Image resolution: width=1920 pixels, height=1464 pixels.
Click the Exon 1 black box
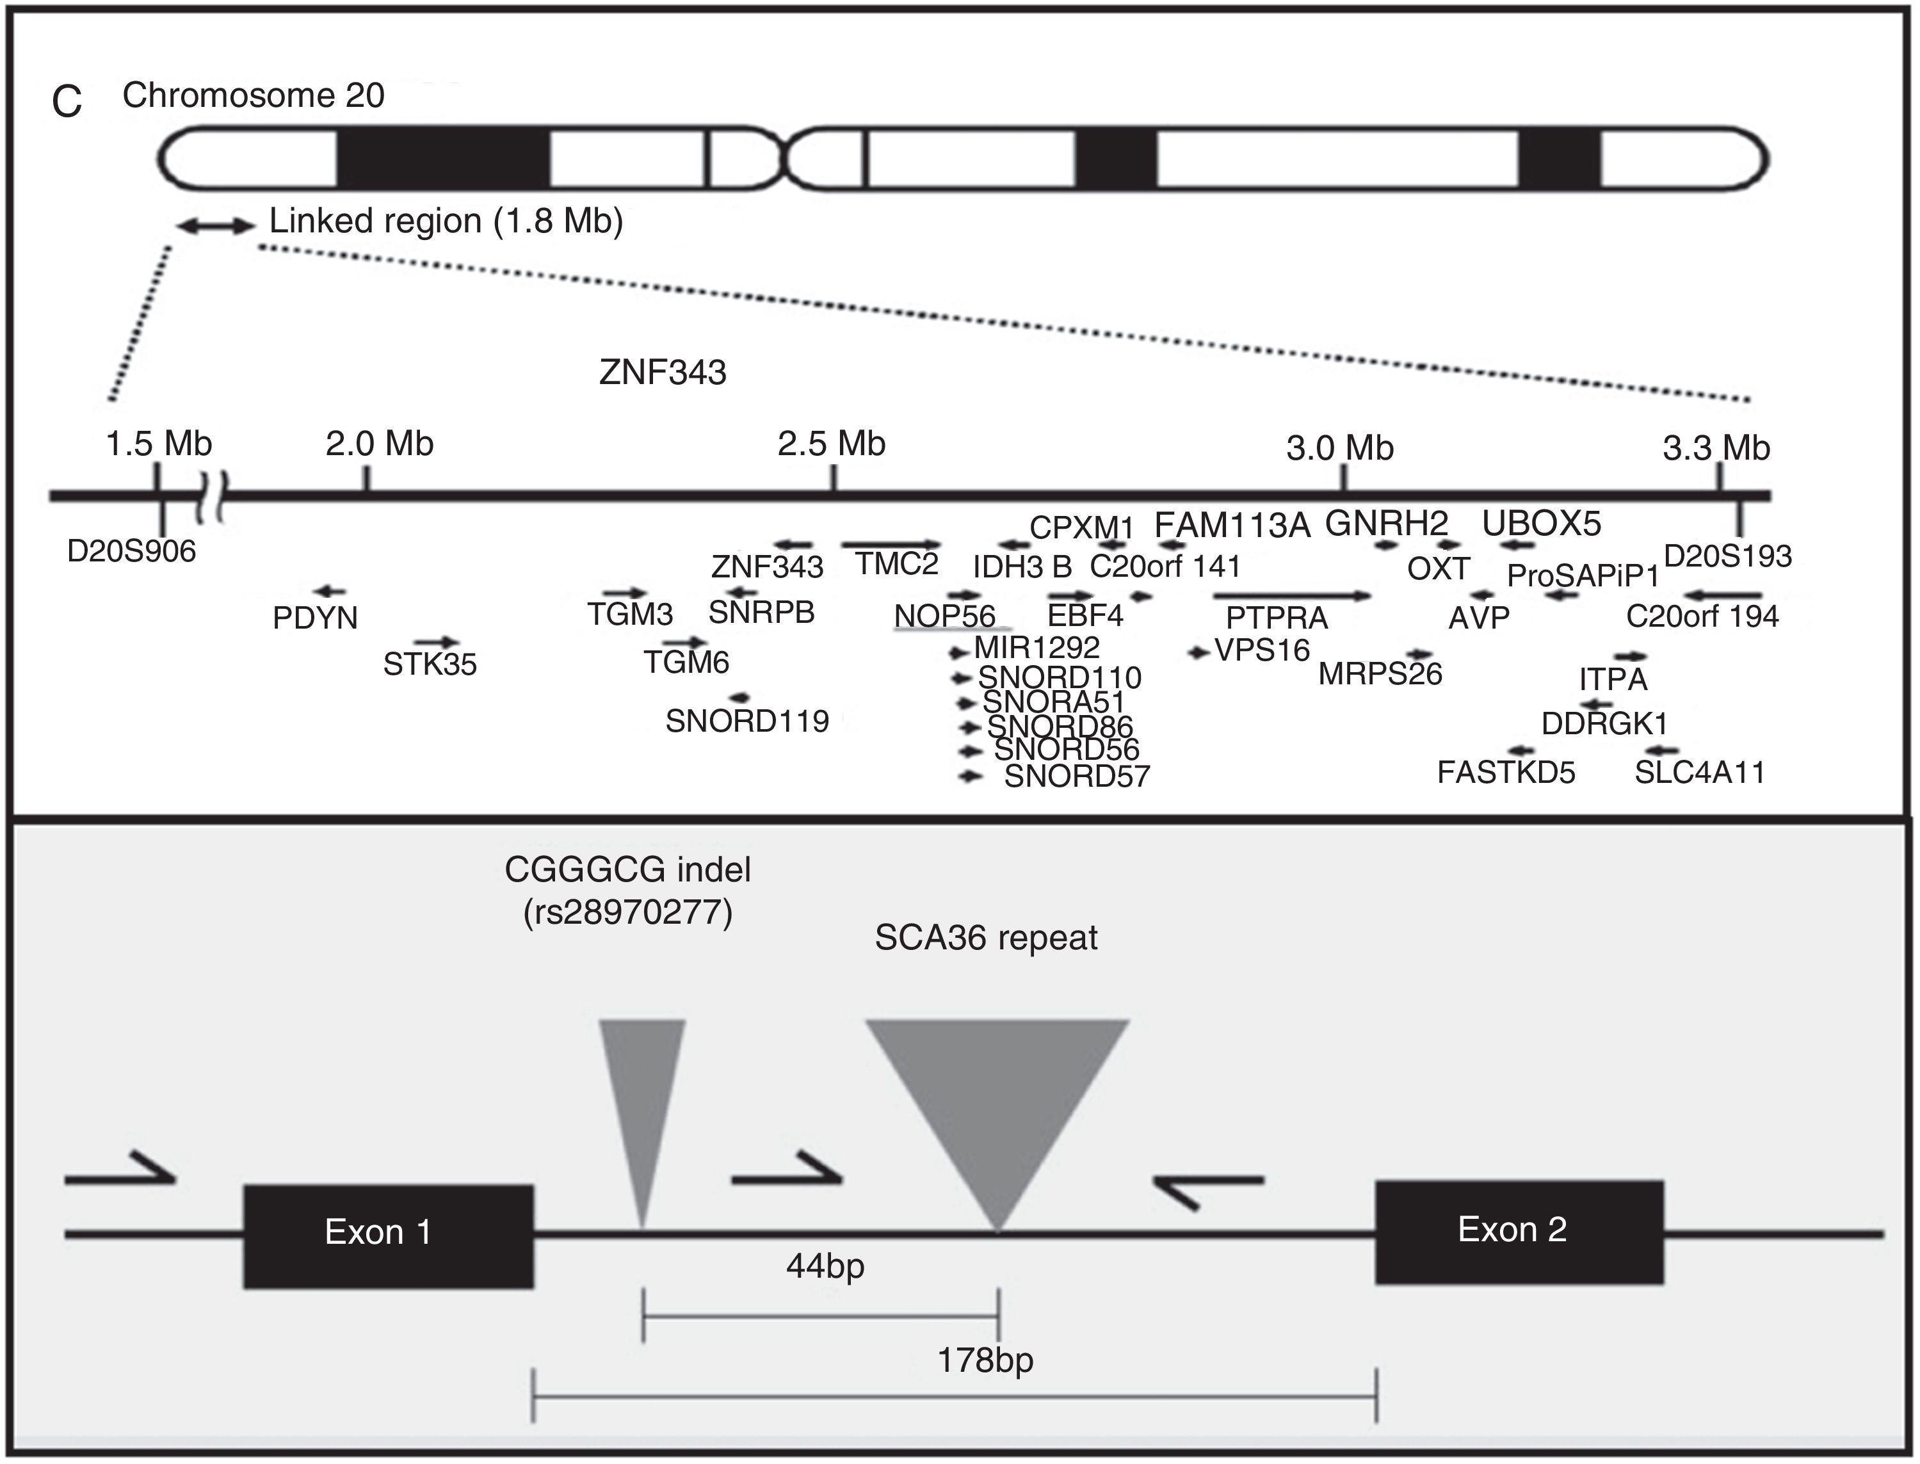coord(388,1235)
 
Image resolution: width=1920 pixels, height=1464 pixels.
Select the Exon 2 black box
coord(1519,1232)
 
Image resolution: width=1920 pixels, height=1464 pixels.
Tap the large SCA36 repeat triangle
coord(997,1098)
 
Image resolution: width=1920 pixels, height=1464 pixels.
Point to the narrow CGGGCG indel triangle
coord(642,1098)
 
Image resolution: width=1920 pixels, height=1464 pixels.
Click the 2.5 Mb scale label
coord(832,444)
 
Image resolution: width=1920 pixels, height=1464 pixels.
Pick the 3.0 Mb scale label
coord(1339,448)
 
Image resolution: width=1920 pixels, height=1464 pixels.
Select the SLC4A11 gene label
coord(1700,773)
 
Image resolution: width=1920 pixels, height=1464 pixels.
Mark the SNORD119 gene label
coord(747,721)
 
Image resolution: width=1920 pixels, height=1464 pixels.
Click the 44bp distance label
coord(825,1266)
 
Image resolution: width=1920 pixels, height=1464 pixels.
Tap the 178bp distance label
coord(985,1360)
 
